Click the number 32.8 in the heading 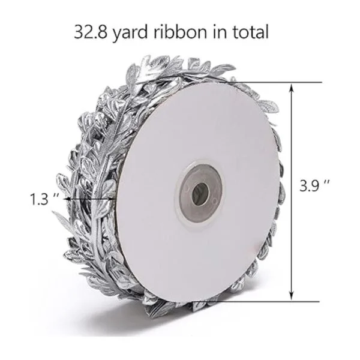pyautogui.click(x=91, y=32)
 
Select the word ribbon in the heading pyautogui.click(x=180, y=32)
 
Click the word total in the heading pyautogui.click(x=251, y=32)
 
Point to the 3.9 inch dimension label pyautogui.click(x=315, y=185)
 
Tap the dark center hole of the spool pyautogui.click(x=200, y=194)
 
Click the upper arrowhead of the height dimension pyautogui.click(x=292, y=88)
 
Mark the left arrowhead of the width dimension pyautogui.click(x=67, y=199)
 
